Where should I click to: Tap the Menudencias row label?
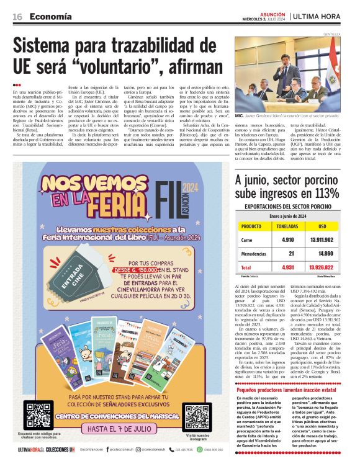point(255,253)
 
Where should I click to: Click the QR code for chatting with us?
point(38,416)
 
